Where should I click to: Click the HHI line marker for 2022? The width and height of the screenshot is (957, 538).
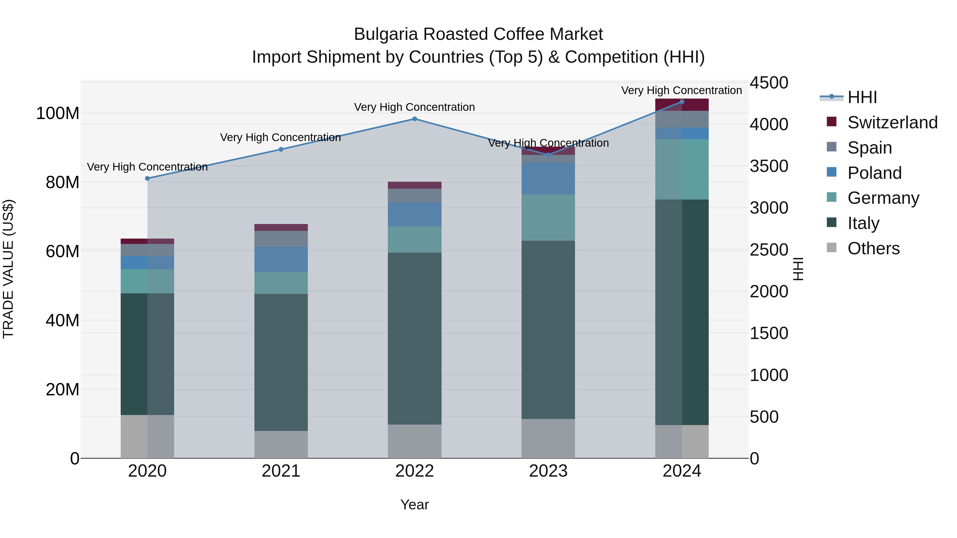pos(415,119)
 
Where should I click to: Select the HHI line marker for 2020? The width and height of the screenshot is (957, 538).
pos(148,178)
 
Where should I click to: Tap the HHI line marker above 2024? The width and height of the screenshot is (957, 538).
pos(682,101)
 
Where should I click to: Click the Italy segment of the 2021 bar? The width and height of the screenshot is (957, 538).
pos(281,362)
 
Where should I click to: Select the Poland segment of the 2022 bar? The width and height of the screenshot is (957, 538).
pos(415,215)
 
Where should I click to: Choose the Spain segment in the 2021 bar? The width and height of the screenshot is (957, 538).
pos(281,239)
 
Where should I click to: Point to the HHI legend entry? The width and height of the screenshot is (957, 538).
pos(862,97)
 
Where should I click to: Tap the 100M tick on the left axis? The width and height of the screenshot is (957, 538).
pos(58,113)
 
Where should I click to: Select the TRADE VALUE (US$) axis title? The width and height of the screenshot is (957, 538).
pos(8,269)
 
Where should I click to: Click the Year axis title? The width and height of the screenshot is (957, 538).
pos(415,505)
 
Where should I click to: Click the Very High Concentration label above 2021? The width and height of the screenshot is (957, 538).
pos(280,137)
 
